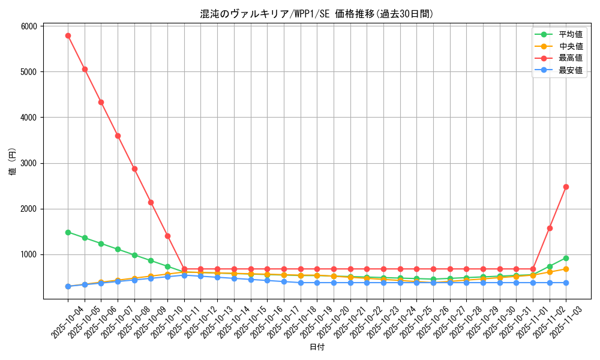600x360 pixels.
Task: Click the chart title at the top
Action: pyautogui.click(x=317, y=14)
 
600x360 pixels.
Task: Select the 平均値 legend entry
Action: pyautogui.click(x=571, y=35)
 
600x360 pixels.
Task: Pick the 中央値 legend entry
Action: pyautogui.click(x=571, y=46)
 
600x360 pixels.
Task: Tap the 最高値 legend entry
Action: pyautogui.click(x=571, y=58)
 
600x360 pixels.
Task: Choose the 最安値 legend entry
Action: pyautogui.click(x=571, y=70)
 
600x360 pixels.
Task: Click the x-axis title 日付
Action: pyautogui.click(x=317, y=347)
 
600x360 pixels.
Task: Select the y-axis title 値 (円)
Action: pyautogui.click(x=13, y=162)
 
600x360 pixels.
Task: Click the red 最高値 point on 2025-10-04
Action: pyautogui.click(x=68, y=35)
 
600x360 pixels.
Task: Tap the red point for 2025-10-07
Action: pyautogui.click(x=118, y=136)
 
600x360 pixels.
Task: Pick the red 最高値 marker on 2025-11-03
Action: pyautogui.click(x=566, y=187)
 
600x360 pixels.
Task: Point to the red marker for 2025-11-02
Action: pyautogui.click(x=550, y=228)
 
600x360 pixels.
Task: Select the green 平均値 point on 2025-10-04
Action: pyautogui.click(x=68, y=232)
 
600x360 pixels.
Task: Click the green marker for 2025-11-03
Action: pyautogui.click(x=566, y=258)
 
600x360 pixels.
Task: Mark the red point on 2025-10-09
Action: pyautogui.click(x=151, y=202)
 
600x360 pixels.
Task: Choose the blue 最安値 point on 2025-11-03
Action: pyautogui.click(x=566, y=283)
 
